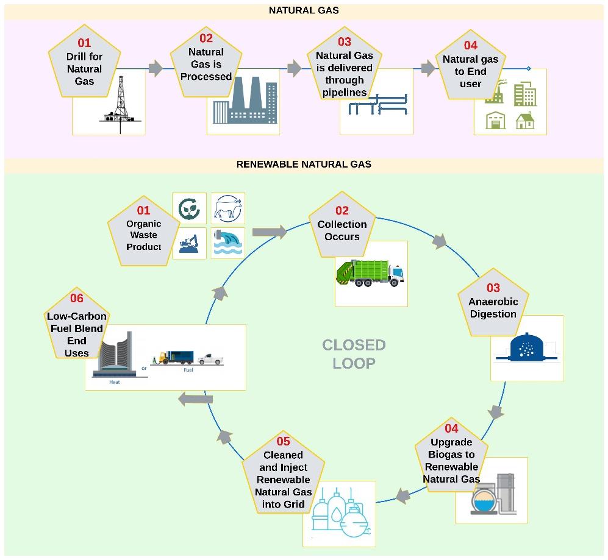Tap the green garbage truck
[x=370, y=273]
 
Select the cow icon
[x=227, y=208]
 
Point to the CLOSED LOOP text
[x=354, y=354]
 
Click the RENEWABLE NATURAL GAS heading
[x=303, y=164]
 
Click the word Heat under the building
[x=114, y=383]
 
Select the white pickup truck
[x=210, y=358]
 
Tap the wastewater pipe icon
[x=227, y=243]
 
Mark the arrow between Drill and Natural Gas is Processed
[x=155, y=68]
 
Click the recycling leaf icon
[x=189, y=208]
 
